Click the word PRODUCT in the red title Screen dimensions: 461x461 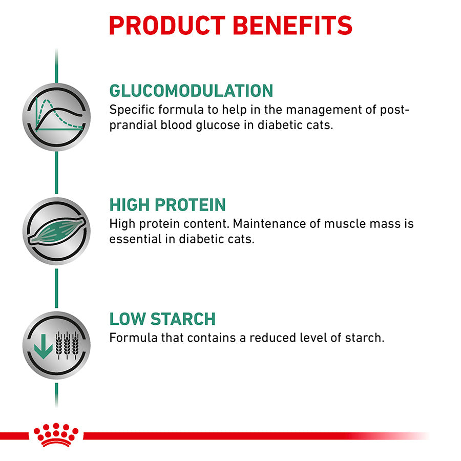pyautogui.click(x=167, y=26)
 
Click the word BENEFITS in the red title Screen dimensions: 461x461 pyautogui.click(x=292, y=26)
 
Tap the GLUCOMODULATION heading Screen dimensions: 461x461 pyautogui.click(x=191, y=91)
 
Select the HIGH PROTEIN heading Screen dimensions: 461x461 pyautogui.click(x=167, y=204)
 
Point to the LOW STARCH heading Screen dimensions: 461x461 pyautogui.click(x=162, y=319)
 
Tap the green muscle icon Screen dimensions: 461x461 pyautogui.click(x=57, y=231)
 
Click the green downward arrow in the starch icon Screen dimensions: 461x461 pyautogui.click(x=43, y=346)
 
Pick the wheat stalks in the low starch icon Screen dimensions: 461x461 pyautogui.click(x=67, y=345)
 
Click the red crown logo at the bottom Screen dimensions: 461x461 pyautogui.click(x=56, y=435)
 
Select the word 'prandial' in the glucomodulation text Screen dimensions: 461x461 pyautogui.click(x=133, y=125)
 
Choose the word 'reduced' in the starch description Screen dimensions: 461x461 pyautogui.click(x=273, y=338)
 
